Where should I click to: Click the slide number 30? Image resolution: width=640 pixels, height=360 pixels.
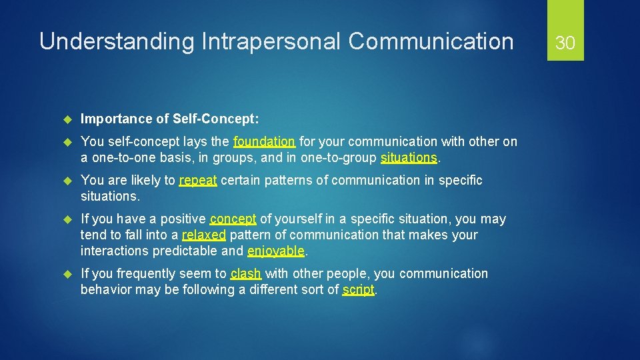(x=565, y=43)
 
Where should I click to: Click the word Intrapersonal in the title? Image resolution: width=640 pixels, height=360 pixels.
(x=269, y=41)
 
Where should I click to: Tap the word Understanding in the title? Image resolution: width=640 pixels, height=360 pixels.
(x=115, y=41)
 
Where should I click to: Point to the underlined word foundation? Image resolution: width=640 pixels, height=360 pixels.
(x=264, y=141)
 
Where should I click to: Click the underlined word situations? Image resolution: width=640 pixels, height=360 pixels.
(x=409, y=157)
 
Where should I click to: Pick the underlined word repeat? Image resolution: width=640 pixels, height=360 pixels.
(x=198, y=180)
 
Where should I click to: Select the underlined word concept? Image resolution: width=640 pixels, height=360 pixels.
(x=233, y=219)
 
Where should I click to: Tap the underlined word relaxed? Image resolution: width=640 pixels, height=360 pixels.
(x=204, y=235)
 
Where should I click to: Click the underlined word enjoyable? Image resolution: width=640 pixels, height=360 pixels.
(x=276, y=251)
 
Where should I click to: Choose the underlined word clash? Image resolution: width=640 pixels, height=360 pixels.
(x=246, y=273)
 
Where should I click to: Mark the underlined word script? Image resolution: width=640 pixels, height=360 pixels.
(x=359, y=289)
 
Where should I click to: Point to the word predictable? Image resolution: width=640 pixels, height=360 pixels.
(x=185, y=251)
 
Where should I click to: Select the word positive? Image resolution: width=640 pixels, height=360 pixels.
(x=183, y=219)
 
